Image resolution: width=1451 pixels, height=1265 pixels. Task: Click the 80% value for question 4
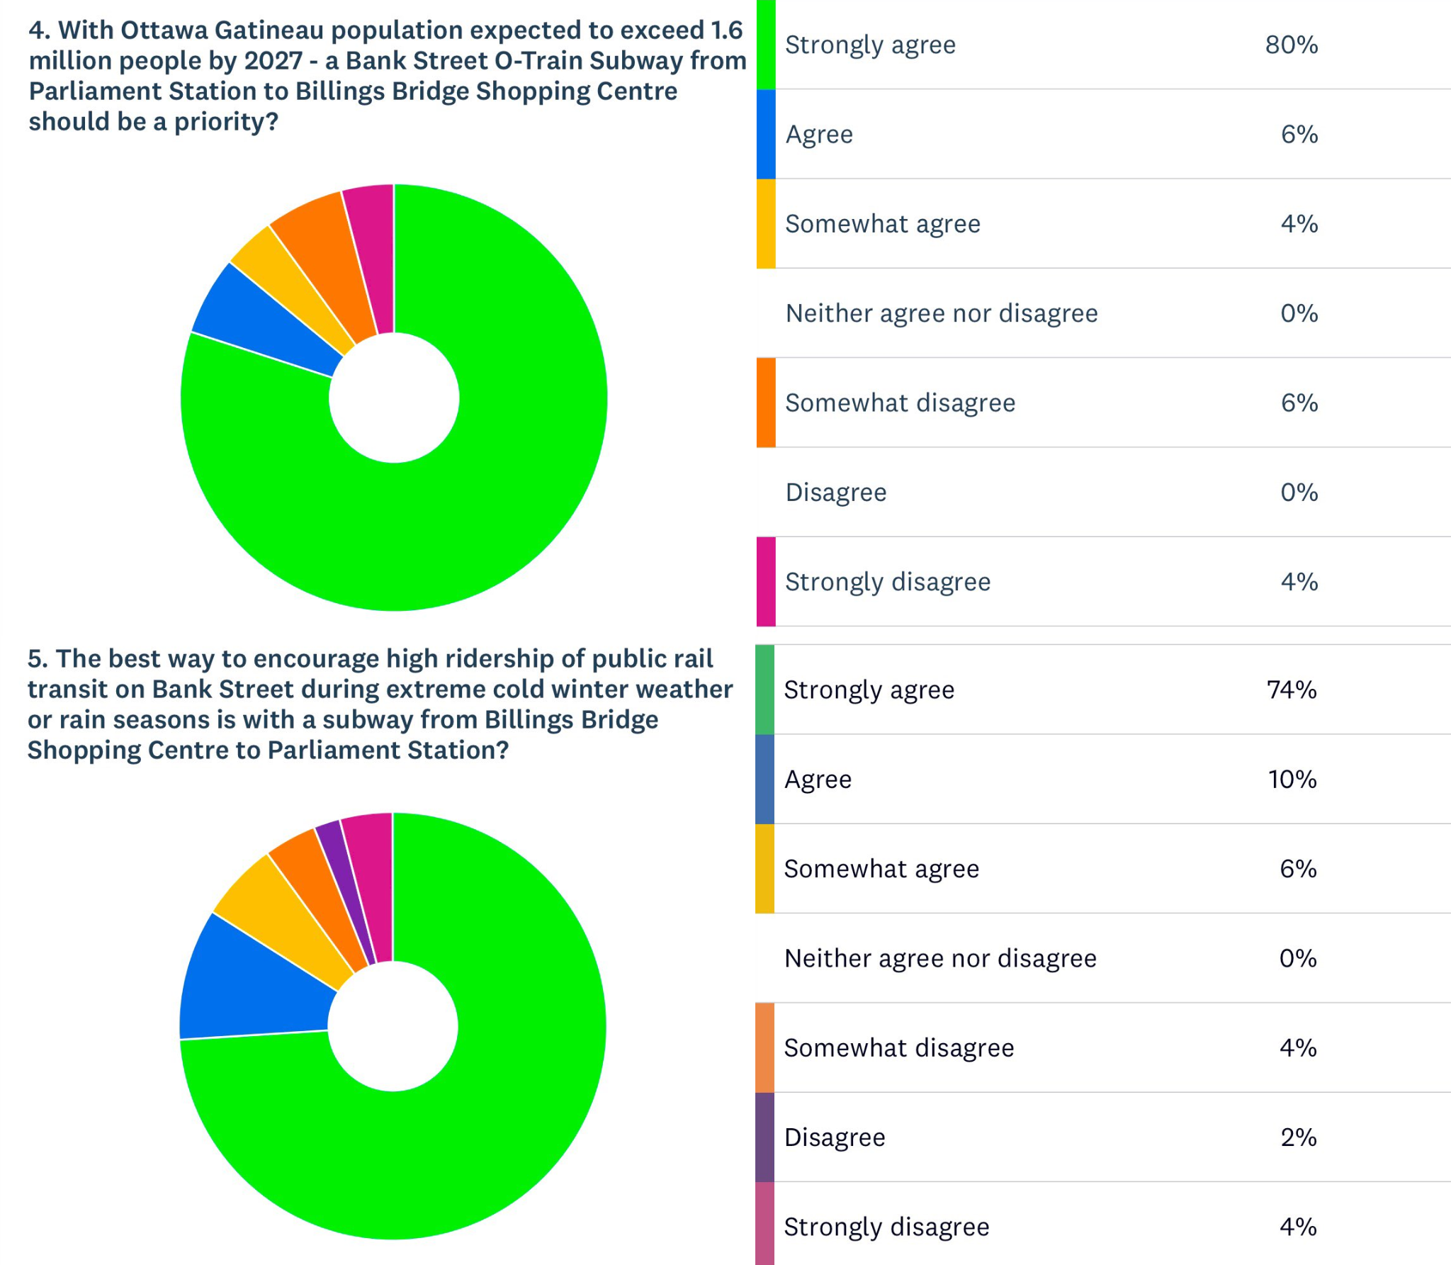pos(1291,45)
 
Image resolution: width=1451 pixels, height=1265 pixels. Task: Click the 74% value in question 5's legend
pos(1291,690)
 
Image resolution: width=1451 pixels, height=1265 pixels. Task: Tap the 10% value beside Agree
pos(1292,780)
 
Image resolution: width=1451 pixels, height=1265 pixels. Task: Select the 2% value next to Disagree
pos(1298,1137)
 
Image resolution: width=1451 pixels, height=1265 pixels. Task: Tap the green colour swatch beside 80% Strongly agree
pos(766,45)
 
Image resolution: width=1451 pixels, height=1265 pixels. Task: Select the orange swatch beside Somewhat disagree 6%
pos(766,403)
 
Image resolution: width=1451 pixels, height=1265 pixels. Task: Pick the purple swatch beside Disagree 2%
pos(764,1137)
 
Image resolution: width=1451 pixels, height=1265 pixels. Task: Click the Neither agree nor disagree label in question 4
pos(941,313)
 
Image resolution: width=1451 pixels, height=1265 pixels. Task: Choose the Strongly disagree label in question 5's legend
pos(886,1227)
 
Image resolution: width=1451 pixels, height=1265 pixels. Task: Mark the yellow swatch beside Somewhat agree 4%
pos(766,224)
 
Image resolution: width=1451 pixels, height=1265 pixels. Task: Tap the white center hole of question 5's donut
pos(393,1026)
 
